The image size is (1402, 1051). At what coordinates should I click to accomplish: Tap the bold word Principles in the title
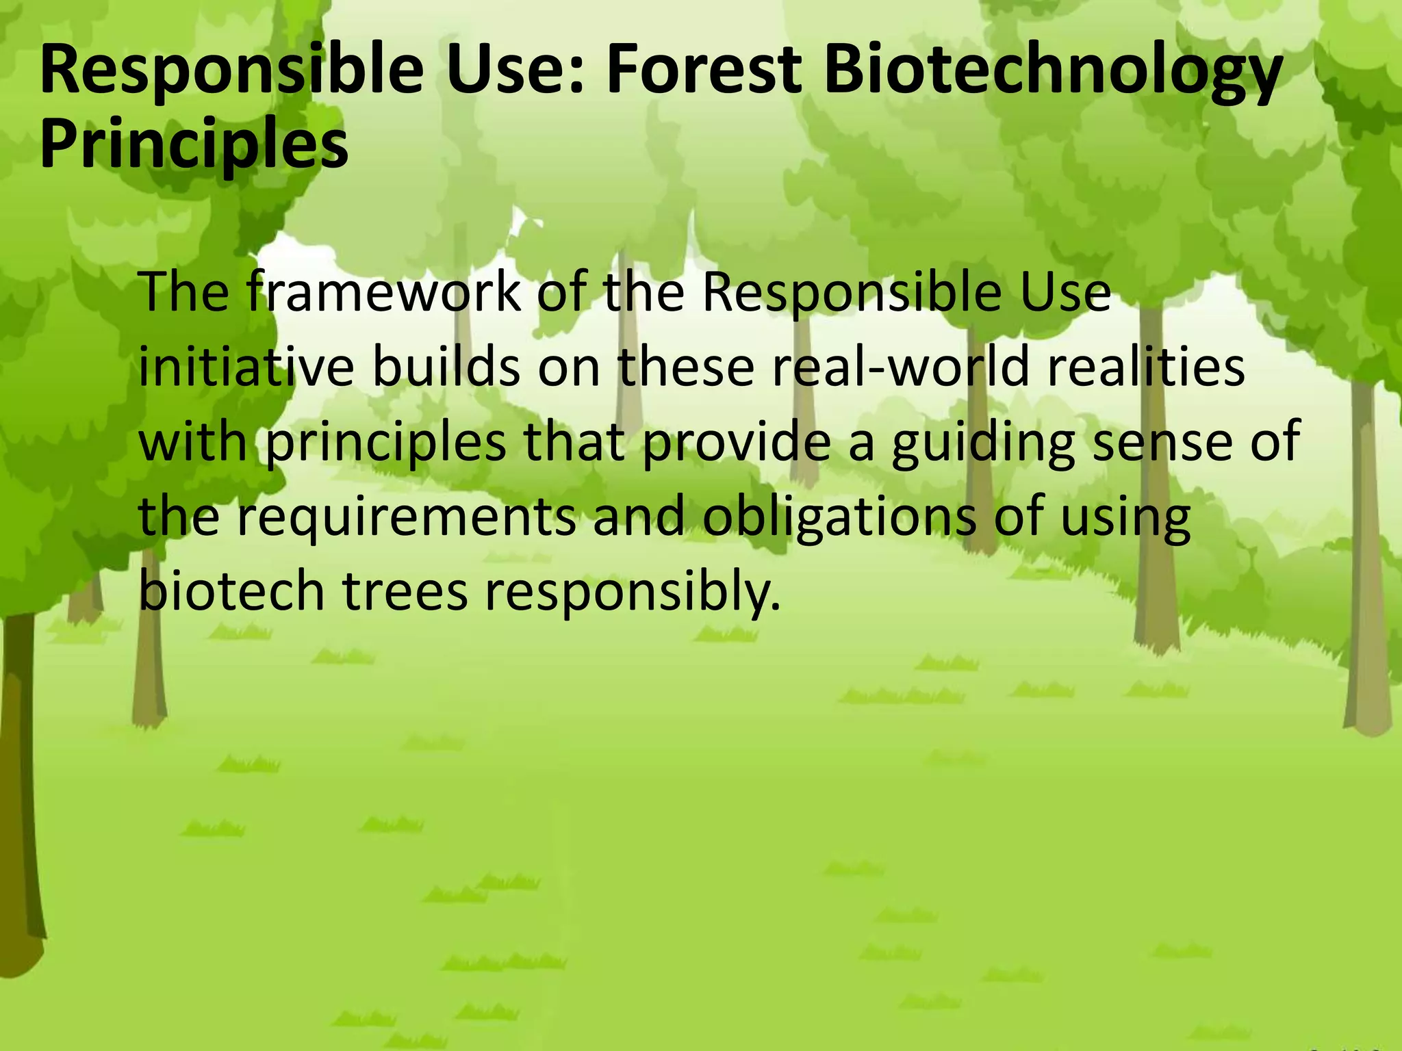click(194, 146)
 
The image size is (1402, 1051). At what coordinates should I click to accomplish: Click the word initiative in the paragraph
click(246, 367)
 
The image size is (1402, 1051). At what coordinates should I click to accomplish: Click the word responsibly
click(633, 593)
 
